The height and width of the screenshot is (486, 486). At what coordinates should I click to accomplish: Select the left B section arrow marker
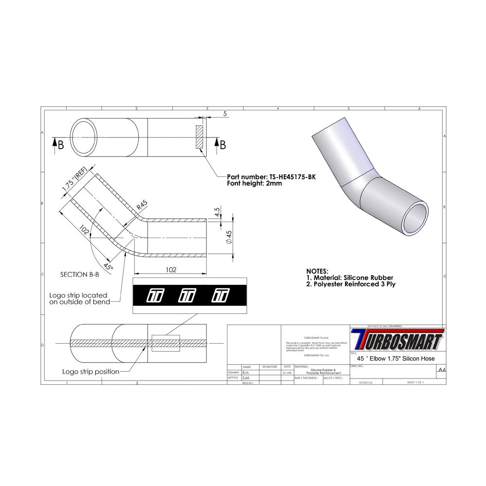tap(57, 144)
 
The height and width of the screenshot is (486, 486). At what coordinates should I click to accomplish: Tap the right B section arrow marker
tap(220, 144)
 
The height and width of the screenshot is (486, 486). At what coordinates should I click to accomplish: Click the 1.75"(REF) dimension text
tap(75, 181)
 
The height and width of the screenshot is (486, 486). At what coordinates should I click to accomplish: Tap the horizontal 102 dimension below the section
tap(171, 270)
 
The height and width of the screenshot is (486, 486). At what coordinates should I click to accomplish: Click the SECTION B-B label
tap(80, 274)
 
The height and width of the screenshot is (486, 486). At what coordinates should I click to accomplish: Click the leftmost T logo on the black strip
tap(156, 295)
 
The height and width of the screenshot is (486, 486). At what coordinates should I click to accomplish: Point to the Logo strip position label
tap(90, 371)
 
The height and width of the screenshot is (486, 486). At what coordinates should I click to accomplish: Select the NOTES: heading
tap(317, 271)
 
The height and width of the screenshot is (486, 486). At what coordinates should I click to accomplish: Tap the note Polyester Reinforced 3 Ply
tap(350, 284)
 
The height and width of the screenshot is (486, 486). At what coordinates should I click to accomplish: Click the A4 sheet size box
tap(441, 369)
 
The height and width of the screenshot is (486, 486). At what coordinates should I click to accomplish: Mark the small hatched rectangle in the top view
tap(199, 138)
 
